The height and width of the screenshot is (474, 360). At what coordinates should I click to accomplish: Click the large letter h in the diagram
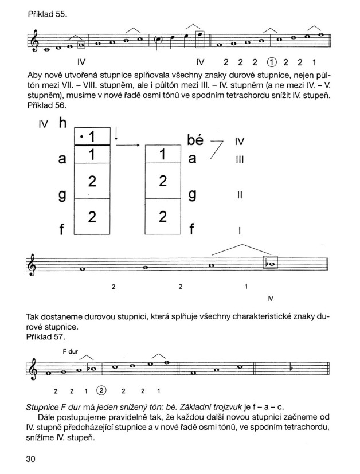[62, 124]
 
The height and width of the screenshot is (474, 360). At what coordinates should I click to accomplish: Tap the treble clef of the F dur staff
[33, 367]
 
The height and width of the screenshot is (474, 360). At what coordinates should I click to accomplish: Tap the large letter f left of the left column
[62, 230]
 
